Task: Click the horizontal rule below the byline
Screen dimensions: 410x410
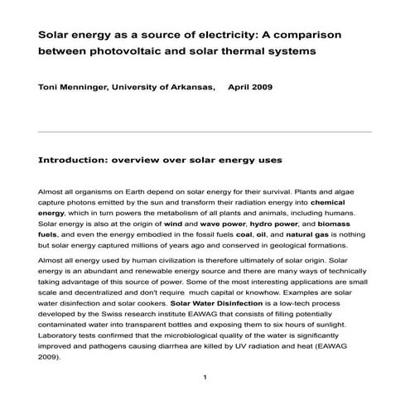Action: click(x=205, y=132)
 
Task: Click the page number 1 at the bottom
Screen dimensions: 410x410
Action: click(x=204, y=379)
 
